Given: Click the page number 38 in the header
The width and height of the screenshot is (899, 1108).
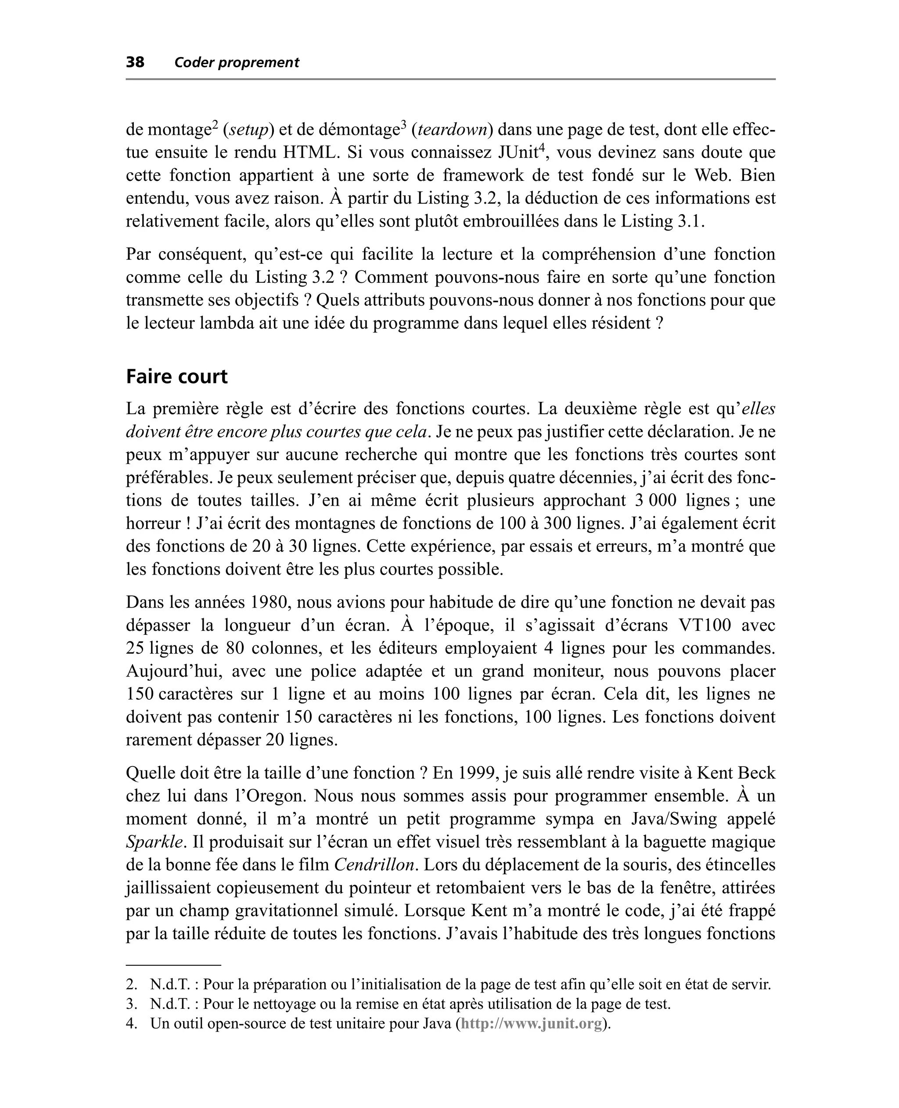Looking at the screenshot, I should pyautogui.click(x=135, y=63).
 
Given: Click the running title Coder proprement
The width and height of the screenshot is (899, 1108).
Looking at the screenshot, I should pyautogui.click(x=237, y=63).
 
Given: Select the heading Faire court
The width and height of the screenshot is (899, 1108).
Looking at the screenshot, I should pyautogui.click(x=176, y=376).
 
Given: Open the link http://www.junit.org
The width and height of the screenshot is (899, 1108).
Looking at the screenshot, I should pyautogui.click(x=531, y=1024).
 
